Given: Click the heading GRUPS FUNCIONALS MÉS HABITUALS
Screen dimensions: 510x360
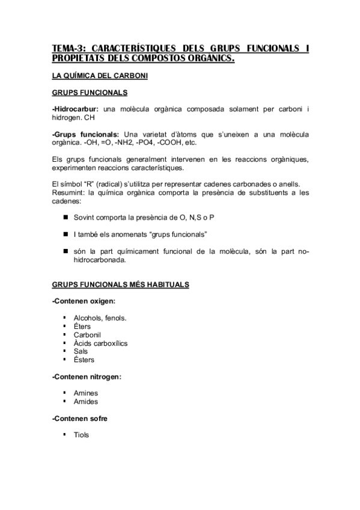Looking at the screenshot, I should (121, 284).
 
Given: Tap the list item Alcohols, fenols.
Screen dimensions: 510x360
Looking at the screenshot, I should (100, 318).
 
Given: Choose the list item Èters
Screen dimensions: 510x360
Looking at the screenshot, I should (82, 326).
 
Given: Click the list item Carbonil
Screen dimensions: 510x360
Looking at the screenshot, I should (87, 334).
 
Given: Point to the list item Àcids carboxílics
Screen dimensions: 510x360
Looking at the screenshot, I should (100, 343).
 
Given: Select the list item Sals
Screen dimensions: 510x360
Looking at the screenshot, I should (81, 351).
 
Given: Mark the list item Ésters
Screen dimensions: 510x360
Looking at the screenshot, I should (84, 360).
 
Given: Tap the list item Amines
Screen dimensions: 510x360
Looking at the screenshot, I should (85, 393).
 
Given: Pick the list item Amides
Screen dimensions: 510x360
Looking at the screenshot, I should (85, 402).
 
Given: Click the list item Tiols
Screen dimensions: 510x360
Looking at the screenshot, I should (81, 435).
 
